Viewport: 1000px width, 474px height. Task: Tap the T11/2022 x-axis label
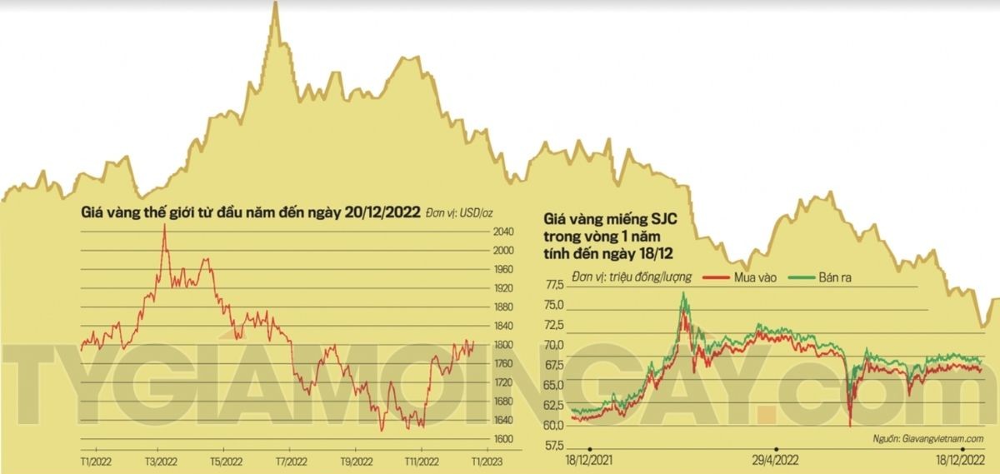(x=421, y=460)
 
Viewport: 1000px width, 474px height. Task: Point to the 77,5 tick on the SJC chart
(x=554, y=285)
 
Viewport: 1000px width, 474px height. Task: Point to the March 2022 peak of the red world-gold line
(x=164, y=227)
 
